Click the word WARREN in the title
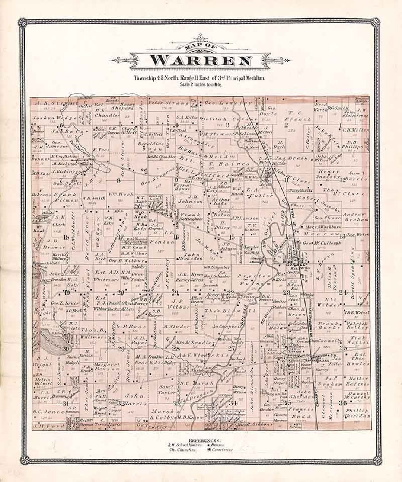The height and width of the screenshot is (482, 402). pyautogui.click(x=200, y=61)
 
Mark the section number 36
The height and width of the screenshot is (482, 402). pyautogui.click(x=343, y=402)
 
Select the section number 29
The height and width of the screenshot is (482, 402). pyautogui.click(x=121, y=348)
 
